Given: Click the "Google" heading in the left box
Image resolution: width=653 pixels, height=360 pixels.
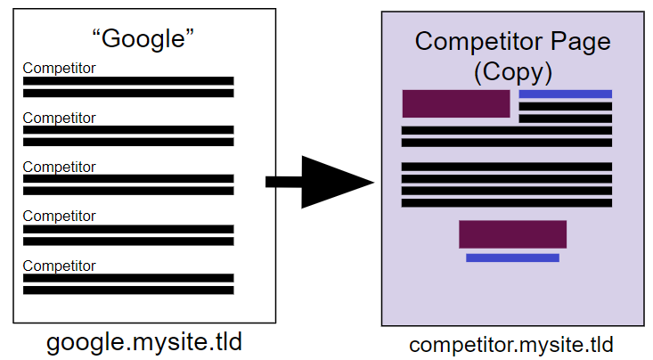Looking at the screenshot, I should pyautogui.click(x=143, y=38).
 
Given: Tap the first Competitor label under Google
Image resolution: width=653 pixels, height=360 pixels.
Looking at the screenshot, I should pyautogui.click(x=59, y=68).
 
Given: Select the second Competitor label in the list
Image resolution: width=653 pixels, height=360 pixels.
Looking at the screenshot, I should pyautogui.click(x=59, y=118).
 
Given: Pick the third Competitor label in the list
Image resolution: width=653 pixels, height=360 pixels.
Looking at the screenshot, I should pyautogui.click(x=59, y=167).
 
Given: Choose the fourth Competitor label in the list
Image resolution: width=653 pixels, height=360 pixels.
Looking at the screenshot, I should pyautogui.click(x=59, y=216).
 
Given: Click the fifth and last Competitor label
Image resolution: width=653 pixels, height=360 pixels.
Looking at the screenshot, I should pyautogui.click(x=59, y=266).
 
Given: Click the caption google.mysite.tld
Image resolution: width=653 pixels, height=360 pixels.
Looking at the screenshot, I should pyautogui.click(x=144, y=342).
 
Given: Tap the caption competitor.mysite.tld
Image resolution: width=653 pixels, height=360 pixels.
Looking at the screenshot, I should pyautogui.click(x=511, y=344).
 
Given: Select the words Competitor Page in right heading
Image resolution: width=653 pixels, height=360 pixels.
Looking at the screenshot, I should pyautogui.click(x=512, y=42).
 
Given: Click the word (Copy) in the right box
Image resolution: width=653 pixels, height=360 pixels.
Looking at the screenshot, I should pyautogui.click(x=512, y=70).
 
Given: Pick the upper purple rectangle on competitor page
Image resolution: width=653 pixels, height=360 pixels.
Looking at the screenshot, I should pyautogui.click(x=455, y=103).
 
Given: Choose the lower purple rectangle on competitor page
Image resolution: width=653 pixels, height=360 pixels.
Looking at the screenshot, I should pyautogui.click(x=512, y=233).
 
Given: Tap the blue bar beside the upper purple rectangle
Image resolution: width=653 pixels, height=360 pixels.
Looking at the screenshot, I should pyautogui.click(x=565, y=94).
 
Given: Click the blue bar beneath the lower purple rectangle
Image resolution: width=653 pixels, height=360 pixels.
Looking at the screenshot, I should pyautogui.click(x=512, y=258).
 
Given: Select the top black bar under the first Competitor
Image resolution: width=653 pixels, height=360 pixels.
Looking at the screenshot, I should pyautogui.click(x=128, y=81).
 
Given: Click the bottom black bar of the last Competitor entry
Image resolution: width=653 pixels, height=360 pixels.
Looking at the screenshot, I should pyautogui.click(x=128, y=290).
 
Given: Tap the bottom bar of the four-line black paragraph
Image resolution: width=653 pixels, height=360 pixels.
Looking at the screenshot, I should pyautogui.click(x=506, y=202).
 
